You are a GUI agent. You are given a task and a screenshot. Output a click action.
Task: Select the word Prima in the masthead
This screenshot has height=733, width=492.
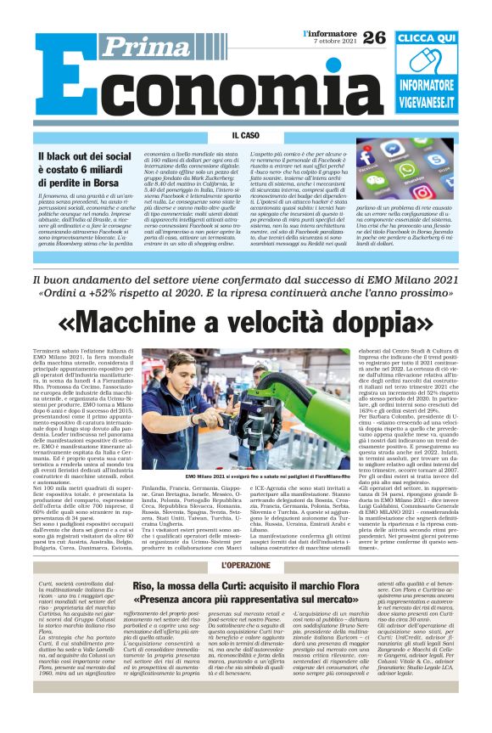[x=137, y=47]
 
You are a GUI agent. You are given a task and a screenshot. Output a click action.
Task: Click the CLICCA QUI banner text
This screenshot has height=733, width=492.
[x=426, y=39]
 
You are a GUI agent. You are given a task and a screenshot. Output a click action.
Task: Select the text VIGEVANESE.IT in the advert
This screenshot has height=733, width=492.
[x=426, y=104]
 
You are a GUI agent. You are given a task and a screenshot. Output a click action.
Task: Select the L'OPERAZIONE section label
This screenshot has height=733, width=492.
[x=245, y=565]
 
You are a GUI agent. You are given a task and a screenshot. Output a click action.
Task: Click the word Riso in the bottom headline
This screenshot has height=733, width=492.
[x=146, y=586]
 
